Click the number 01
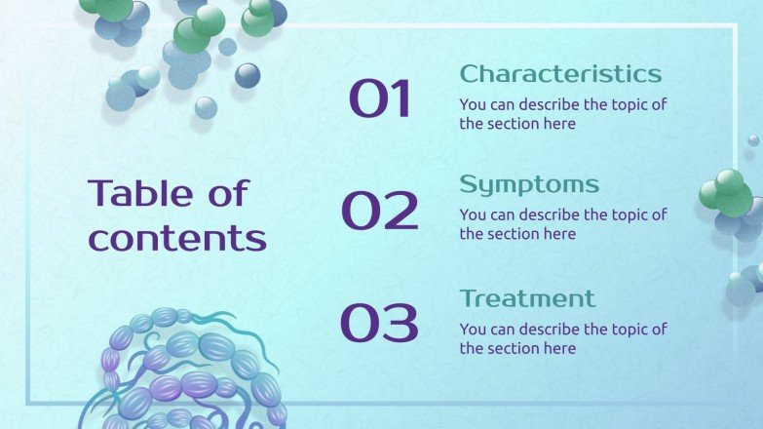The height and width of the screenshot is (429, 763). pos(380,99)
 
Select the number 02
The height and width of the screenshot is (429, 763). pos(379,211)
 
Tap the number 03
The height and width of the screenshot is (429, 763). pos(379,323)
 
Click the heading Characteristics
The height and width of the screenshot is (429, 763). pos(560,74)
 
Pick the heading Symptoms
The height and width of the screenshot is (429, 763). pos(529,185)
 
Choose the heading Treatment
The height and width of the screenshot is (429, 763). pos(527,298)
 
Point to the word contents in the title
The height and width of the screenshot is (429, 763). pos(177,238)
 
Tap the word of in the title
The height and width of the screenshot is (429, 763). pos(228,193)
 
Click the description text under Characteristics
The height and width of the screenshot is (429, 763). pos(563,114)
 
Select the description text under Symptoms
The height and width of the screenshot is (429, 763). pos(563,224)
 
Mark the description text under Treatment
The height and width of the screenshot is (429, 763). pos(563,338)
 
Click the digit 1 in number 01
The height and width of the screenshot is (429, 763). pos(401,99)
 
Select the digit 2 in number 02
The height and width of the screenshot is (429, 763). pos(401,211)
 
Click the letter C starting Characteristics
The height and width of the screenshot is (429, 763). pos(470,74)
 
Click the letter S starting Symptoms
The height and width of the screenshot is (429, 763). pos(469,185)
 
